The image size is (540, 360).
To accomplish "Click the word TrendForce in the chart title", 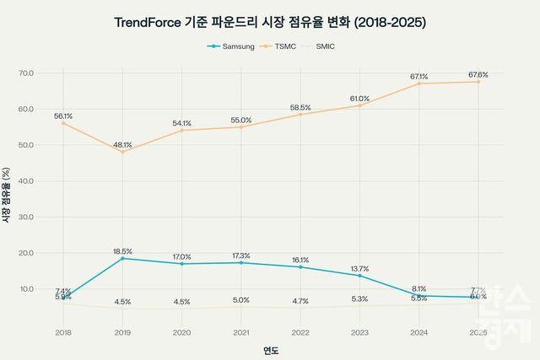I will [150, 22].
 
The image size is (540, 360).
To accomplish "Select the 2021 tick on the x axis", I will [241, 333].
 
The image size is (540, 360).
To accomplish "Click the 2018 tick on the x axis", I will [63, 333].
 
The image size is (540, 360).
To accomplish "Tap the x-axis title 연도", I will [271, 350].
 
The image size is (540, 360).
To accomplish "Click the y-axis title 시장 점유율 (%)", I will [8, 196].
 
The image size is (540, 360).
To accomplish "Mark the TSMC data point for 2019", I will [122, 152].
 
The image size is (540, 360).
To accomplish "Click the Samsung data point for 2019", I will [122, 258].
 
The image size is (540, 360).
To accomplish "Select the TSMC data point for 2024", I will [419, 83].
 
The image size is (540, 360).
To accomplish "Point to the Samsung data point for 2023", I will [360, 276].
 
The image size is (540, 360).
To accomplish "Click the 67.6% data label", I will [478, 74].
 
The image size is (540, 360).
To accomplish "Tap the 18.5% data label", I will [122, 251].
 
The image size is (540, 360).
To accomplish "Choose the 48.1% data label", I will [122, 144].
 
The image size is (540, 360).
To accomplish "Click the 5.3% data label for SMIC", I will [360, 298].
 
